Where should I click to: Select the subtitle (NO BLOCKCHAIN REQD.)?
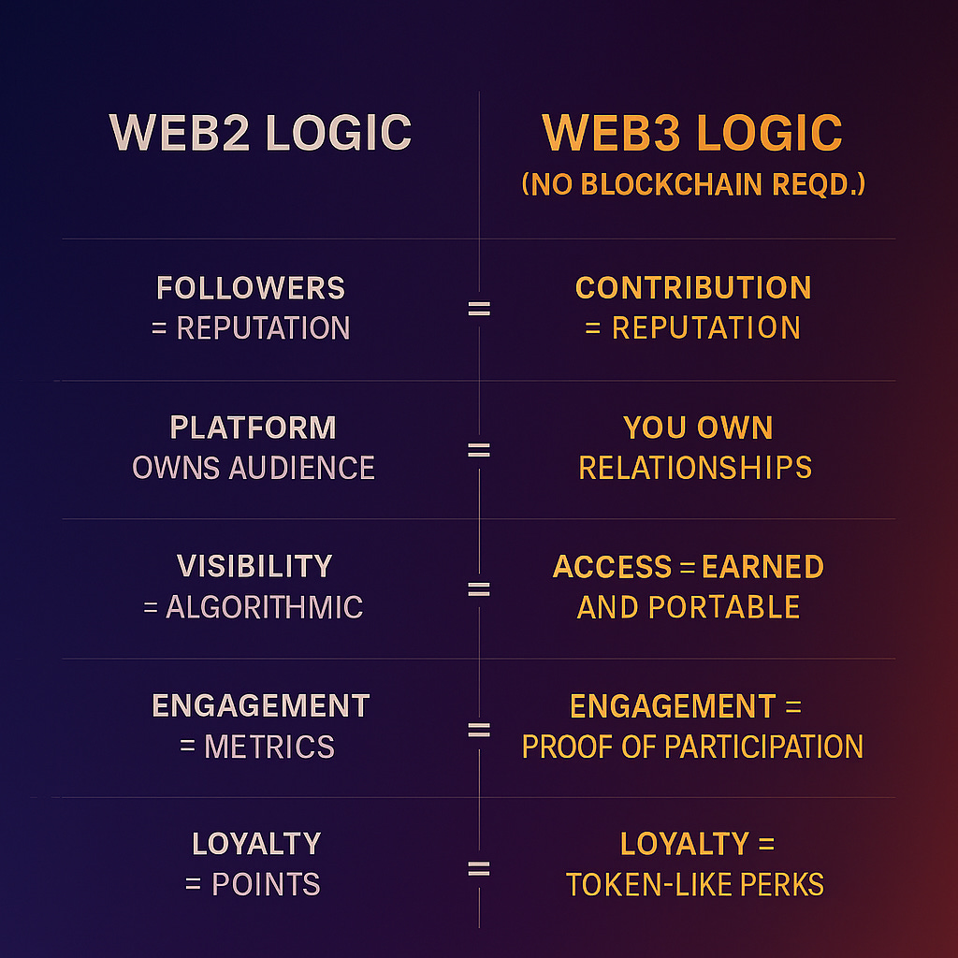692,183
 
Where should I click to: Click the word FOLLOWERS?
251,288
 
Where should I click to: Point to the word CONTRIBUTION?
693,288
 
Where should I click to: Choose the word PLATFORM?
253,428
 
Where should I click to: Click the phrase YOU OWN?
698,428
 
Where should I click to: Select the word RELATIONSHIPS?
695,468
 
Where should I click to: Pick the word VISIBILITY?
254,567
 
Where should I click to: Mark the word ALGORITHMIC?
265,607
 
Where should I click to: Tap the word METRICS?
269,747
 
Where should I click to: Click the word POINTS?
267,884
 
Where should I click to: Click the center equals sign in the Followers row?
479,309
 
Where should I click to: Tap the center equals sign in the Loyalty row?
479,870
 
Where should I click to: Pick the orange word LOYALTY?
684,845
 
